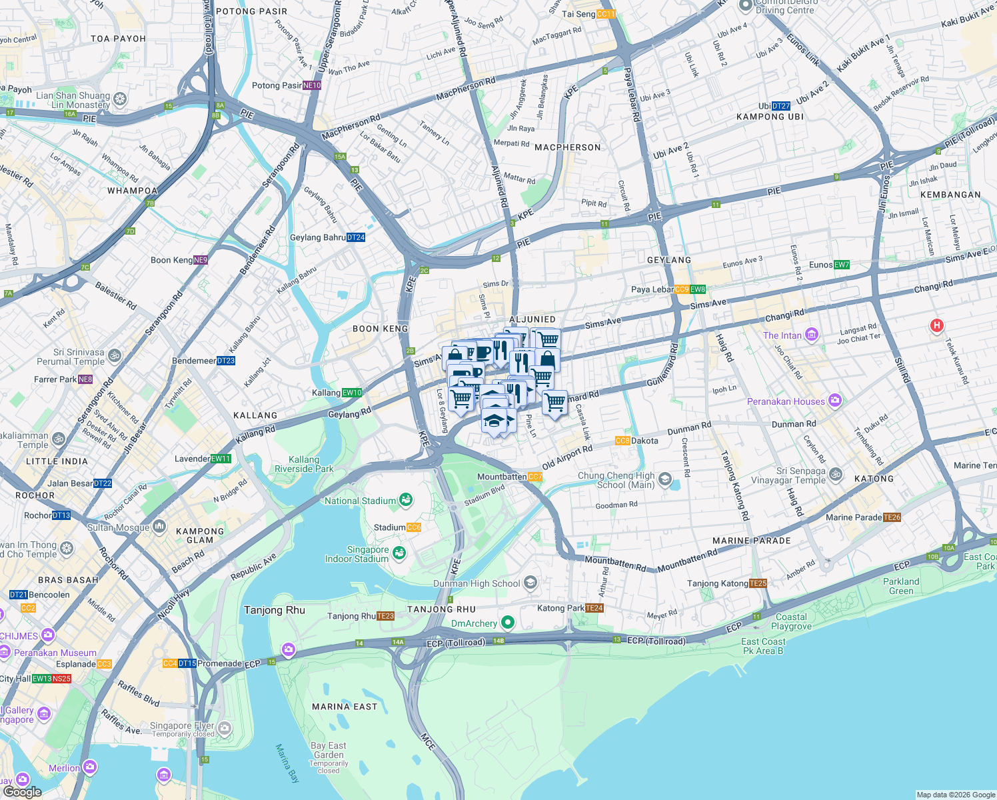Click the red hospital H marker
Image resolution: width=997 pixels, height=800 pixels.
[x=936, y=326]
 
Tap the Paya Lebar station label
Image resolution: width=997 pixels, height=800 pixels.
[x=652, y=289]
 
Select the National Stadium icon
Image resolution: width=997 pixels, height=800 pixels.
[x=405, y=500]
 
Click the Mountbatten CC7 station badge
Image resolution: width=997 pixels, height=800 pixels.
[x=534, y=477]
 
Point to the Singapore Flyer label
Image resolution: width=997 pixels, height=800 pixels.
[x=181, y=725]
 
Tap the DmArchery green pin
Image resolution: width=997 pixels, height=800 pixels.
[x=508, y=623]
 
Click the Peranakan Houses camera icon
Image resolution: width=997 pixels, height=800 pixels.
[x=835, y=401]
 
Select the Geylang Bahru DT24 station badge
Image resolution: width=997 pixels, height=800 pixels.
[x=356, y=237]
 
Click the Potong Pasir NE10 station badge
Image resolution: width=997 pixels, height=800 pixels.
[x=312, y=85]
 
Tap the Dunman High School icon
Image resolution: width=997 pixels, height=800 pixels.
[x=530, y=583]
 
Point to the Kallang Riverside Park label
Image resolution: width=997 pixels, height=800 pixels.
[x=304, y=464]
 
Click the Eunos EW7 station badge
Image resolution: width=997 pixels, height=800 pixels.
[x=842, y=265]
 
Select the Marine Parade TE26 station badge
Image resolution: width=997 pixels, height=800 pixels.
[x=892, y=517]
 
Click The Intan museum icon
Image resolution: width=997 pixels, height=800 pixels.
[x=811, y=335]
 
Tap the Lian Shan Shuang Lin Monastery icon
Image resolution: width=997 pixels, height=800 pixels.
[x=120, y=100]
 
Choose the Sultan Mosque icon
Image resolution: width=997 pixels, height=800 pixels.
[x=159, y=527]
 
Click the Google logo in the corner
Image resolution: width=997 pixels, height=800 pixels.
[x=22, y=791]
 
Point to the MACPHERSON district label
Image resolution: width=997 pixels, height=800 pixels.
[x=567, y=147]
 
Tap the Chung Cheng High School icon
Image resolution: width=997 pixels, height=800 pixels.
[x=664, y=479]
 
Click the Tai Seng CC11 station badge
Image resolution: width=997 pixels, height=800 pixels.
[x=606, y=14]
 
